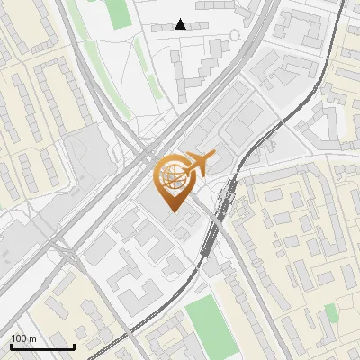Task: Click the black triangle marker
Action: [x=181, y=24]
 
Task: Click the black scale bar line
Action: [x=42, y=347]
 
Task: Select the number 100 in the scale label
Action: [x=19, y=338]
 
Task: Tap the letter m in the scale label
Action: [x=32, y=338]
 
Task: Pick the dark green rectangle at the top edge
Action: [x=118, y=12]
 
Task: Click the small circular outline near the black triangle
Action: [x=235, y=35]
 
